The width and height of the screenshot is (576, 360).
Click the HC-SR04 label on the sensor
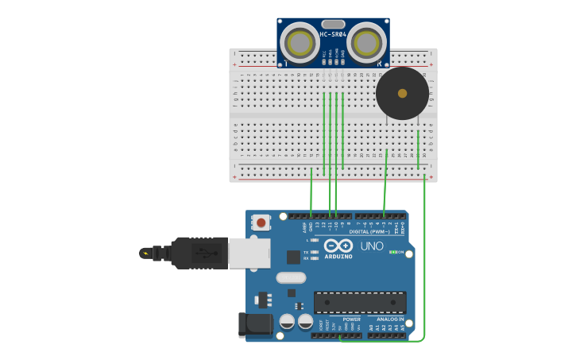[x=333, y=34]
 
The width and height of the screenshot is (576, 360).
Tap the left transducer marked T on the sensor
[x=300, y=44]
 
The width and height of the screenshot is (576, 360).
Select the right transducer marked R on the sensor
[x=365, y=44]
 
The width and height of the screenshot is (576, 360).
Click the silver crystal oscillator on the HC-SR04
[x=334, y=24]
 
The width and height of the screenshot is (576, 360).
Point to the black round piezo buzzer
[x=402, y=93]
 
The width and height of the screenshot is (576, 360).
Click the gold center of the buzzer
[x=402, y=93]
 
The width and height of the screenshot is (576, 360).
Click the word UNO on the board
[x=372, y=246]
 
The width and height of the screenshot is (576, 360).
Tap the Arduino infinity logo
[x=338, y=246]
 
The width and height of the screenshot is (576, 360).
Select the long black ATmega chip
[x=360, y=302]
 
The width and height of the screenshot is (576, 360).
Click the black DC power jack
[x=256, y=324]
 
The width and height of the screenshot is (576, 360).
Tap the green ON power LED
[x=392, y=252]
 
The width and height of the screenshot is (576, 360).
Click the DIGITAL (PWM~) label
[x=371, y=231]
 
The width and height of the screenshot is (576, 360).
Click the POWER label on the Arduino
[x=351, y=319]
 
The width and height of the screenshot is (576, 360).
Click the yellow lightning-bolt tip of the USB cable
[x=145, y=254]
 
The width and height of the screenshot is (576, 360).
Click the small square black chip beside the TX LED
[x=294, y=257]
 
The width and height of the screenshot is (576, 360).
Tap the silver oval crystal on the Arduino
[x=291, y=278]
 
